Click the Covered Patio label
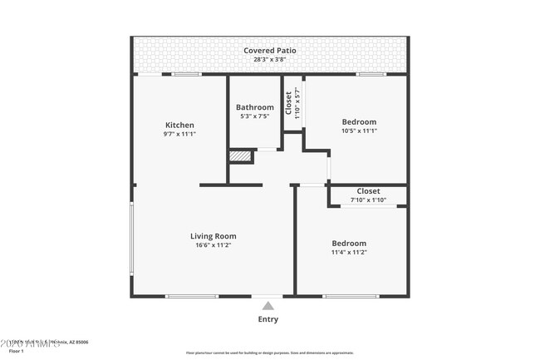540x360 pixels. pyautogui.click(x=269, y=51)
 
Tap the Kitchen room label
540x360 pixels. pyautogui.click(x=179, y=125)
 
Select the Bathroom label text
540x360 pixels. pyautogui.click(x=254, y=107)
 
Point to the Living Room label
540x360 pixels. pyautogui.click(x=214, y=236)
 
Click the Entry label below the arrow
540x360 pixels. pyautogui.click(x=268, y=319)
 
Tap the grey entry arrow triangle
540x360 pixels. pyautogui.click(x=268, y=306)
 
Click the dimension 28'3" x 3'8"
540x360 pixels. pyautogui.click(x=269, y=60)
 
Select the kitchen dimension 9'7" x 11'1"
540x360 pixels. pyautogui.click(x=179, y=134)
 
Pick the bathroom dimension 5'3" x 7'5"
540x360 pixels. pyautogui.click(x=254, y=116)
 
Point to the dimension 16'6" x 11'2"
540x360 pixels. pyautogui.click(x=214, y=245)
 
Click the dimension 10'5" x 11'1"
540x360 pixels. pyautogui.click(x=359, y=131)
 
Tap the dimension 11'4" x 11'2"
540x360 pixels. pyautogui.click(x=349, y=252)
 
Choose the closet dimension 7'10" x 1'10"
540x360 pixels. pyautogui.click(x=368, y=200)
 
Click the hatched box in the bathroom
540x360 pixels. pyautogui.click(x=239, y=155)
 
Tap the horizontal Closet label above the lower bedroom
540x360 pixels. pyautogui.click(x=368, y=191)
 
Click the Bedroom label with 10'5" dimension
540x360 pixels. pyautogui.click(x=359, y=121)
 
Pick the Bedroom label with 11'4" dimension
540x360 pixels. pyautogui.click(x=349, y=243)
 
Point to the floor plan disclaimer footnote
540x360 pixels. pyautogui.click(x=269, y=353)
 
